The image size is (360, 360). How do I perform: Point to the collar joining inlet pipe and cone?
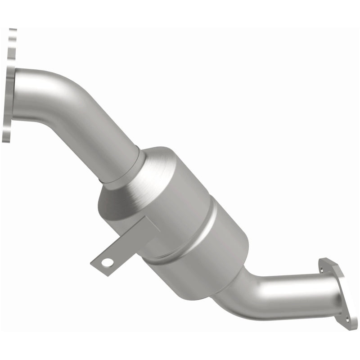tap(128, 173)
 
